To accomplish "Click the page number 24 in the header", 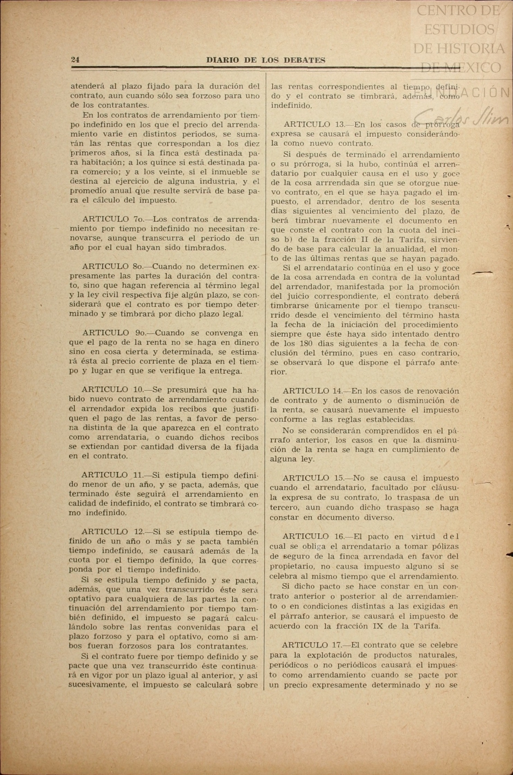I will (x=75, y=60).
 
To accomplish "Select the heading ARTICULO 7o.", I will (x=110, y=219).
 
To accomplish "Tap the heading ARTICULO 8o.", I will (x=110, y=267).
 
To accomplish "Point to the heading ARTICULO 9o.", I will (x=111, y=333).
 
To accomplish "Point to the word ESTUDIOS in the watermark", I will (x=459, y=29).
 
